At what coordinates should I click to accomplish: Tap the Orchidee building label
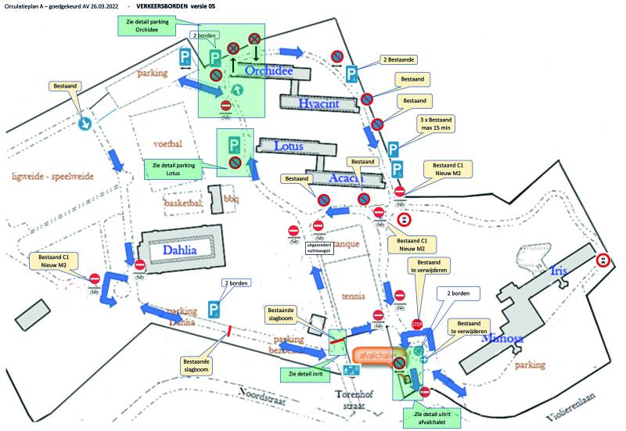[269, 71]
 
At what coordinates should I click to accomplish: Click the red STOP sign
[416, 324]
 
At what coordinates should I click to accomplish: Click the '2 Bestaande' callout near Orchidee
[402, 59]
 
